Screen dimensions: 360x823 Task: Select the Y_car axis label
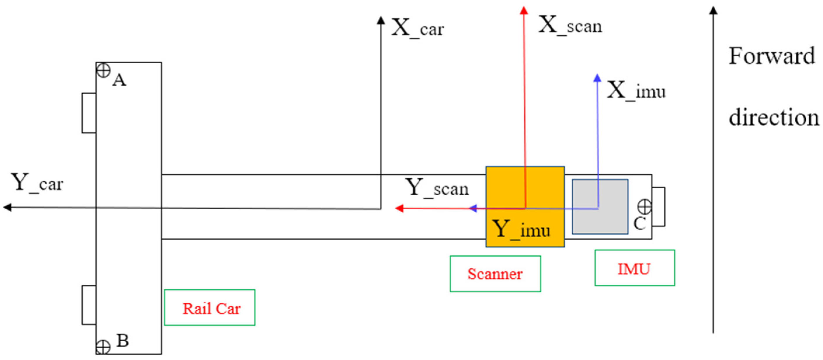point(37,183)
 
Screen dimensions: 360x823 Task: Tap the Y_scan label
point(437,188)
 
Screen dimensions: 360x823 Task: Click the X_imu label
point(636,91)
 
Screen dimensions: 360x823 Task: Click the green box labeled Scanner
point(495,274)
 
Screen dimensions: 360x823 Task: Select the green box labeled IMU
point(634,268)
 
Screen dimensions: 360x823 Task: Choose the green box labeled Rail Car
point(210,308)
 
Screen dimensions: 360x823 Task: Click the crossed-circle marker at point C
point(644,207)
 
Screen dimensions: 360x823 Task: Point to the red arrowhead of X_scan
point(524,10)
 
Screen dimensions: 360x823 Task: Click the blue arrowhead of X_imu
point(597,78)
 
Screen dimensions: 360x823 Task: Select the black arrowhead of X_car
point(380,20)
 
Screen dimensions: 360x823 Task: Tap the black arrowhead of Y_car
point(7,208)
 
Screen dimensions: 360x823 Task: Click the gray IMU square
point(600,207)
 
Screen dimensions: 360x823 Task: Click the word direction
point(774,118)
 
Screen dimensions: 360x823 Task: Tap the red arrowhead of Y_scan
point(399,208)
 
